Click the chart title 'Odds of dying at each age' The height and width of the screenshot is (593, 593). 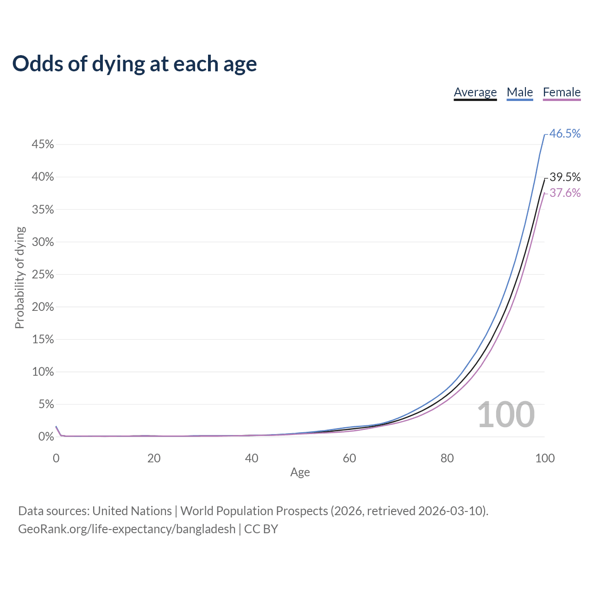click(x=134, y=64)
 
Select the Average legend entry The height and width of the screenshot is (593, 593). click(x=475, y=93)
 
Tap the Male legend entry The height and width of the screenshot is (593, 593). click(x=519, y=93)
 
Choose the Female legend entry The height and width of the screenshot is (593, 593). click(x=561, y=93)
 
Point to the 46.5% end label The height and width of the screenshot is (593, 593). click(x=565, y=133)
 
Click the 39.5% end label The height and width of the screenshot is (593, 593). click(x=565, y=177)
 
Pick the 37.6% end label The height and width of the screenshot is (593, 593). click(x=565, y=193)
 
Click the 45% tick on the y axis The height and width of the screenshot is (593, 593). click(x=43, y=145)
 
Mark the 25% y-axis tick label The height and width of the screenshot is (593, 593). click(x=43, y=274)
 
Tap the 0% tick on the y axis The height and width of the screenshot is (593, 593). click(x=46, y=436)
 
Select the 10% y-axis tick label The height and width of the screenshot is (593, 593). click(x=43, y=372)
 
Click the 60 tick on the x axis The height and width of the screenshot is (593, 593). click(x=349, y=458)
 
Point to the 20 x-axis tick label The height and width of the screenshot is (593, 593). click(x=154, y=458)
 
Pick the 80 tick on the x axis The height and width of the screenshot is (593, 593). click(x=447, y=458)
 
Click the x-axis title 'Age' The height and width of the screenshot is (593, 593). click(x=300, y=472)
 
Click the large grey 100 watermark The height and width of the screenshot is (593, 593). click(x=505, y=415)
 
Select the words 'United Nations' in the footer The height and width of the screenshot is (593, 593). click(x=132, y=511)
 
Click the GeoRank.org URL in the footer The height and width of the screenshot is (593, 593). click(x=126, y=529)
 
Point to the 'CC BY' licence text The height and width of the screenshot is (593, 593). click(x=261, y=529)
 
